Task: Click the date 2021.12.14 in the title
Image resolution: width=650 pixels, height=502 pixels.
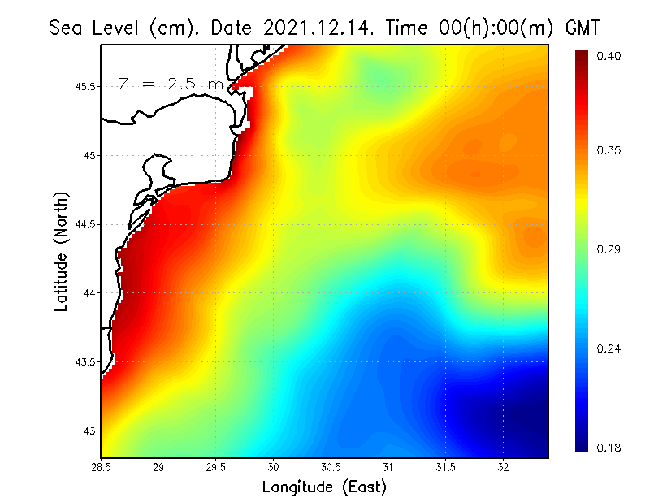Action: [x=312, y=28]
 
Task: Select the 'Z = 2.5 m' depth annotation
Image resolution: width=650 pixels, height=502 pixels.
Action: [x=170, y=84]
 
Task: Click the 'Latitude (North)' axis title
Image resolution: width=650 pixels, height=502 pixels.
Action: [x=62, y=251]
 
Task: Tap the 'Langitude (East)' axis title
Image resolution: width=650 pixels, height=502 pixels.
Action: [x=323, y=487]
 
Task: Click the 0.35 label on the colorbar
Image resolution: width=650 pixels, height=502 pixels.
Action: [x=609, y=150]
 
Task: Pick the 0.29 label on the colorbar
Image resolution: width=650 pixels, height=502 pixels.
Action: [x=609, y=249]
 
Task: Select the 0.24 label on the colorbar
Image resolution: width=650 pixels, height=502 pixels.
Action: [x=609, y=348]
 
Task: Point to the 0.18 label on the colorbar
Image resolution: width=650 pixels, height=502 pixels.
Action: [x=609, y=448]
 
